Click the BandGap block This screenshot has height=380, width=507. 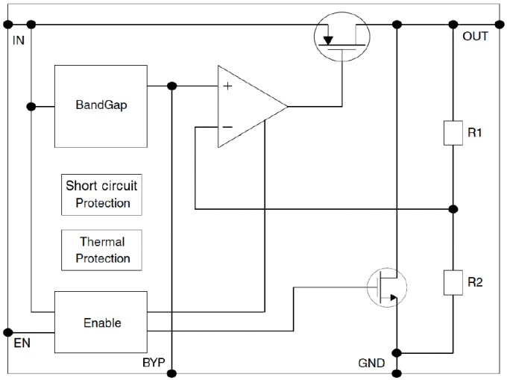[x=101, y=105]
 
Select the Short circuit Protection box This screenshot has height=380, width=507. [x=101, y=193]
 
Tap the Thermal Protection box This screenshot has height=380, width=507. [x=101, y=250]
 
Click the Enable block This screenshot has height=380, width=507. [x=101, y=323]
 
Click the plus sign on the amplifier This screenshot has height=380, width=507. [x=227, y=87]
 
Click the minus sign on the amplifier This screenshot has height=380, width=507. [x=227, y=127]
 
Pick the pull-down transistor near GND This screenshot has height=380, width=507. [x=388, y=285]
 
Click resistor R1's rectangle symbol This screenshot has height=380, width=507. [x=453, y=132]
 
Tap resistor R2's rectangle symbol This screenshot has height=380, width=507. [x=453, y=282]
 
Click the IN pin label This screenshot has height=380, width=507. [x=19, y=38]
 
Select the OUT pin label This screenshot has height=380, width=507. [x=475, y=36]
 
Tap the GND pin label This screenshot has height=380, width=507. [x=371, y=364]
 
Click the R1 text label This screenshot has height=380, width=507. [x=476, y=133]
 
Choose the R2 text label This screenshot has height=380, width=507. [x=476, y=282]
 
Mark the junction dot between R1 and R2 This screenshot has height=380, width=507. [x=453, y=208]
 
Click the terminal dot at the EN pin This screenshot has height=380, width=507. [x=8, y=331]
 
